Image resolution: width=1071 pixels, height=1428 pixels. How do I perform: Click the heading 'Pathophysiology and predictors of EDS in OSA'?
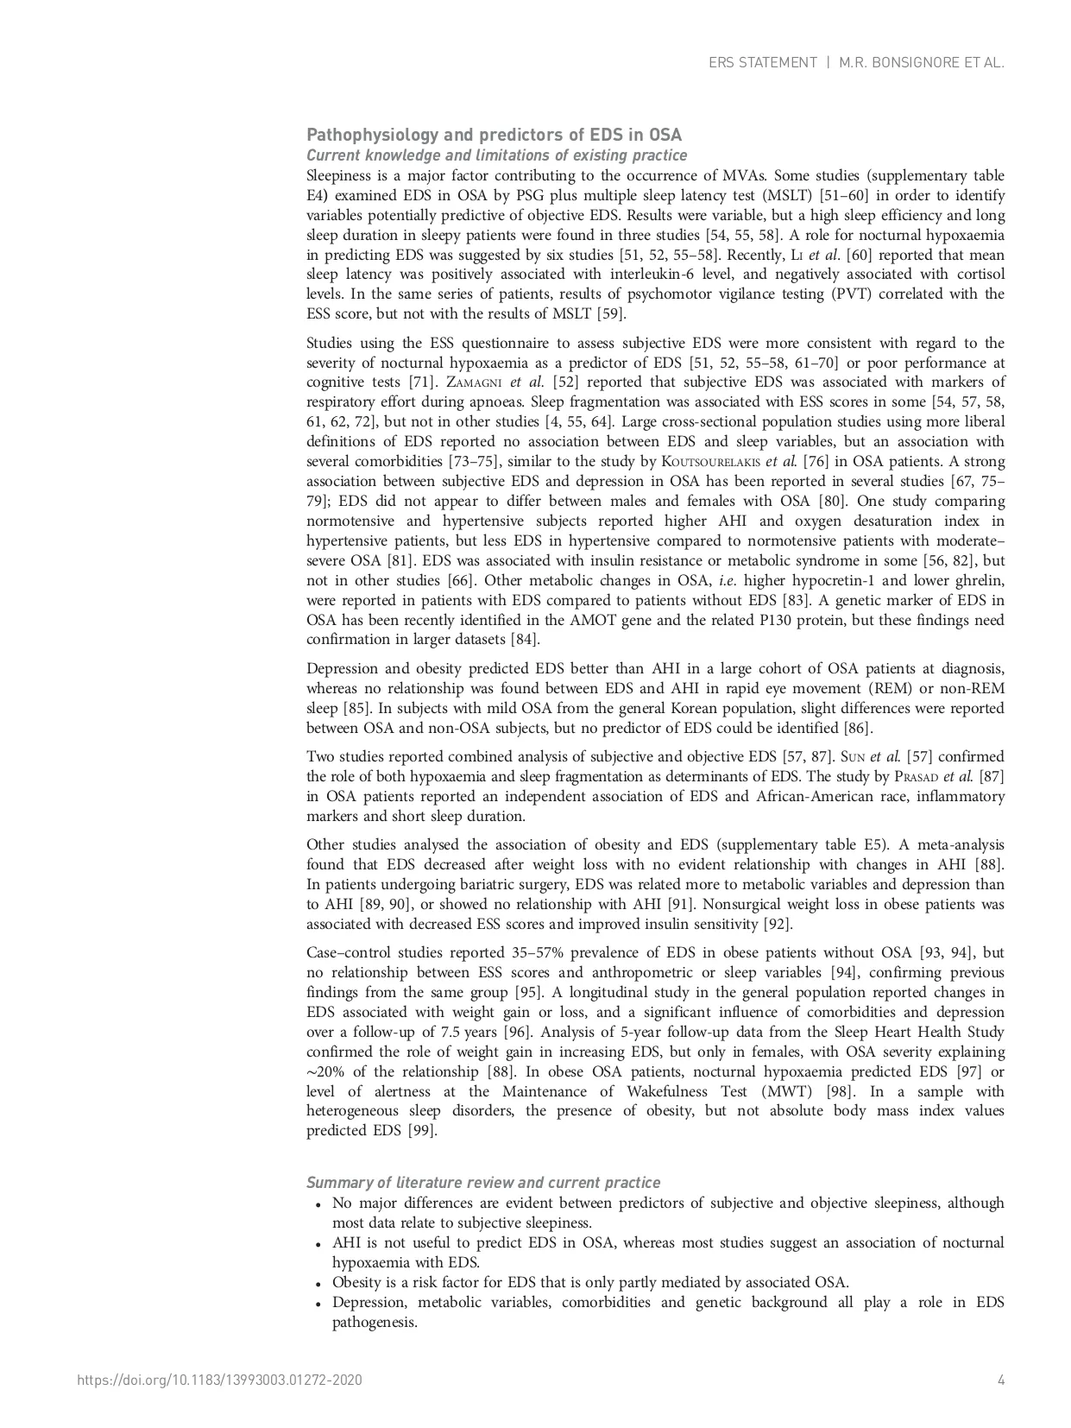coord(494,135)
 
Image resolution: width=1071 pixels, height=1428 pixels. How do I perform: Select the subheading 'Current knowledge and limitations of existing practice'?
coord(496,155)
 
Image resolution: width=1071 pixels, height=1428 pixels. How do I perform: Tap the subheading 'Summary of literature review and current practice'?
coord(483,1183)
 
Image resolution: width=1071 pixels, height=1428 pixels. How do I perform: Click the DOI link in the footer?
coord(219,1380)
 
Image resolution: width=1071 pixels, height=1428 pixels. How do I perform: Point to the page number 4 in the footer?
coord(1001,1380)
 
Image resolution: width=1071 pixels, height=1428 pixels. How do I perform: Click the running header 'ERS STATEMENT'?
coord(762,63)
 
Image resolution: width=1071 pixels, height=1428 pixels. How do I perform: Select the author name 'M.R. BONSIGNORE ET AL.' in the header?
coord(922,63)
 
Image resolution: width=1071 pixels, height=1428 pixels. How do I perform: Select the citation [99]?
coord(422,1131)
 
